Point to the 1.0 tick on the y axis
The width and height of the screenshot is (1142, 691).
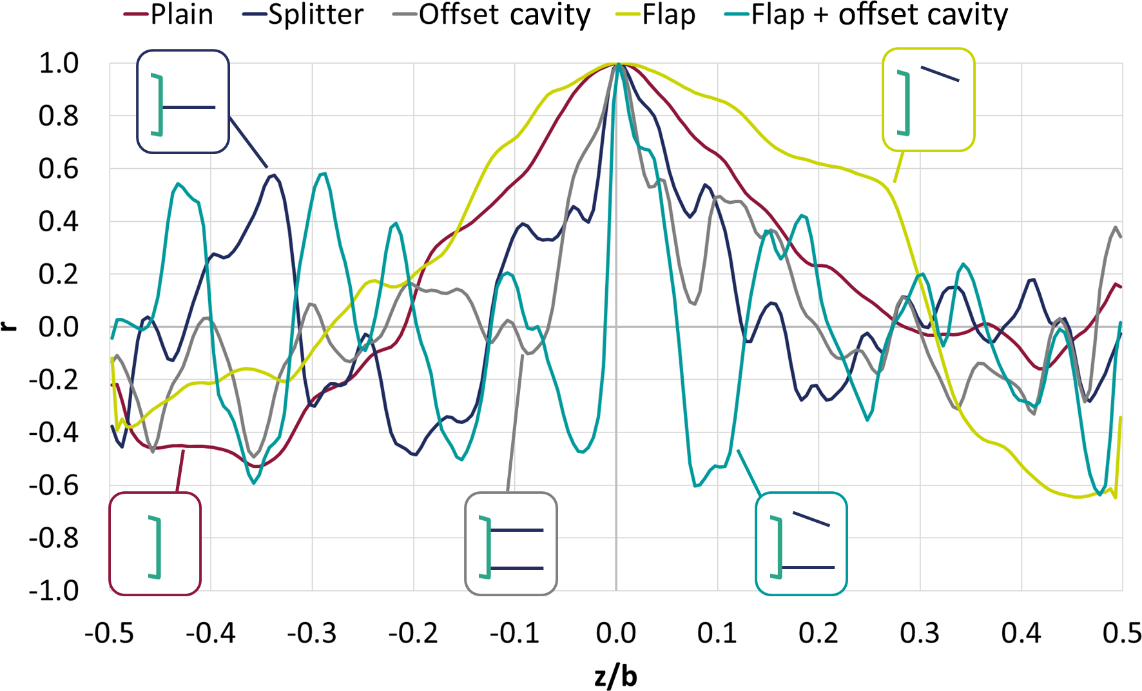click(59, 64)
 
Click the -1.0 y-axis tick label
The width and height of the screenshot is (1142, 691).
click(54, 590)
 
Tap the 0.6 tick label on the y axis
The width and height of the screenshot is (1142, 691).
click(59, 169)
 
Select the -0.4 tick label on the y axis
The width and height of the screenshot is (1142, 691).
click(54, 433)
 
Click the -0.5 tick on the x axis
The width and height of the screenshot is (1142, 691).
click(110, 634)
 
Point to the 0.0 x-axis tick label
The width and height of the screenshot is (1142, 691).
click(616, 634)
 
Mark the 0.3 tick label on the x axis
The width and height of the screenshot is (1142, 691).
click(920, 634)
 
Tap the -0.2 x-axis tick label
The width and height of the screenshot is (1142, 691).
click(413, 634)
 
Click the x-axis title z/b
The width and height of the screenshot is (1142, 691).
click(615, 677)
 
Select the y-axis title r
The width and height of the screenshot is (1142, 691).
click(9, 326)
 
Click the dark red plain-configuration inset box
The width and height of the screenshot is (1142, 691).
click(155, 543)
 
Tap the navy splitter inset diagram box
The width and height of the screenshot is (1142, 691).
click(183, 102)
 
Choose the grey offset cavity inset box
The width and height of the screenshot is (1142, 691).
click(511, 543)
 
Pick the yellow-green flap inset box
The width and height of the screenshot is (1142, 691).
click(928, 100)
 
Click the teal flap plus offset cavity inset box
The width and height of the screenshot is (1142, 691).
click(801, 543)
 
